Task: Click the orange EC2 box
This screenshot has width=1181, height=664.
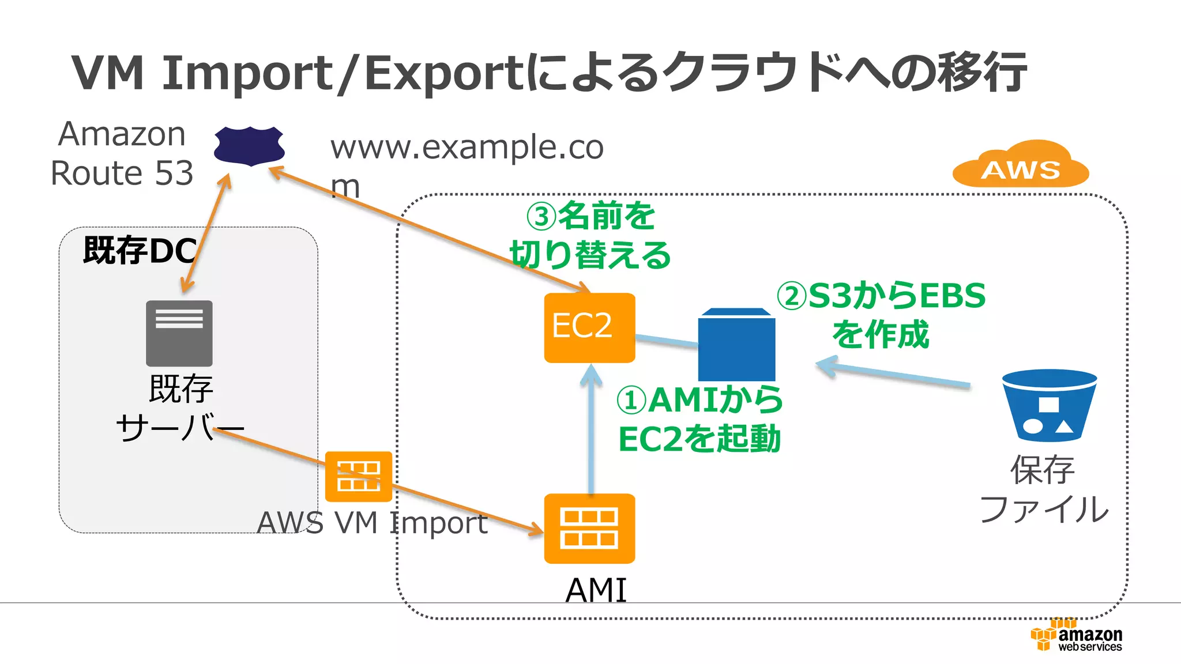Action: point(589,327)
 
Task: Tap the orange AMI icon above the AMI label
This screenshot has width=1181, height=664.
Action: point(589,528)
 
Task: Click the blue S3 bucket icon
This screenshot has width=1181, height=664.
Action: point(1049,405)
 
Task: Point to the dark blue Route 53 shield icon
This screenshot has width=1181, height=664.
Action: point(249,146)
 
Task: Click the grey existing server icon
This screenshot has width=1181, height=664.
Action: point(179,333)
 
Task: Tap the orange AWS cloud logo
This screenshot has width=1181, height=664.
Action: point(1021,165)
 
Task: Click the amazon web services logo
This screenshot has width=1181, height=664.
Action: point(1077,636)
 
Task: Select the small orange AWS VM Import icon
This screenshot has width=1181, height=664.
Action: point(358,476)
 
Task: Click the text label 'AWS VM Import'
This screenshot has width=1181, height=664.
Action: point(372,523)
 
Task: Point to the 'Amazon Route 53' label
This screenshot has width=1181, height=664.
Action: point(122,153)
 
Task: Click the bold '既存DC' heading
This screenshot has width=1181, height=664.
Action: point(140,250)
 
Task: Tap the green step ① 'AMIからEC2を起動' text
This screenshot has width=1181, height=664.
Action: point(699,419)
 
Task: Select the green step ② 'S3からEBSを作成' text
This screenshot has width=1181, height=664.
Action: point(881,315)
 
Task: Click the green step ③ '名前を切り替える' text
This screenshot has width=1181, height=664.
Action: point(590,236)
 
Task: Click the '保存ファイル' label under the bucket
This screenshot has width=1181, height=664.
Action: point(1043,489)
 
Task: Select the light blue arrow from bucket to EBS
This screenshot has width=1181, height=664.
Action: point(894,375)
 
